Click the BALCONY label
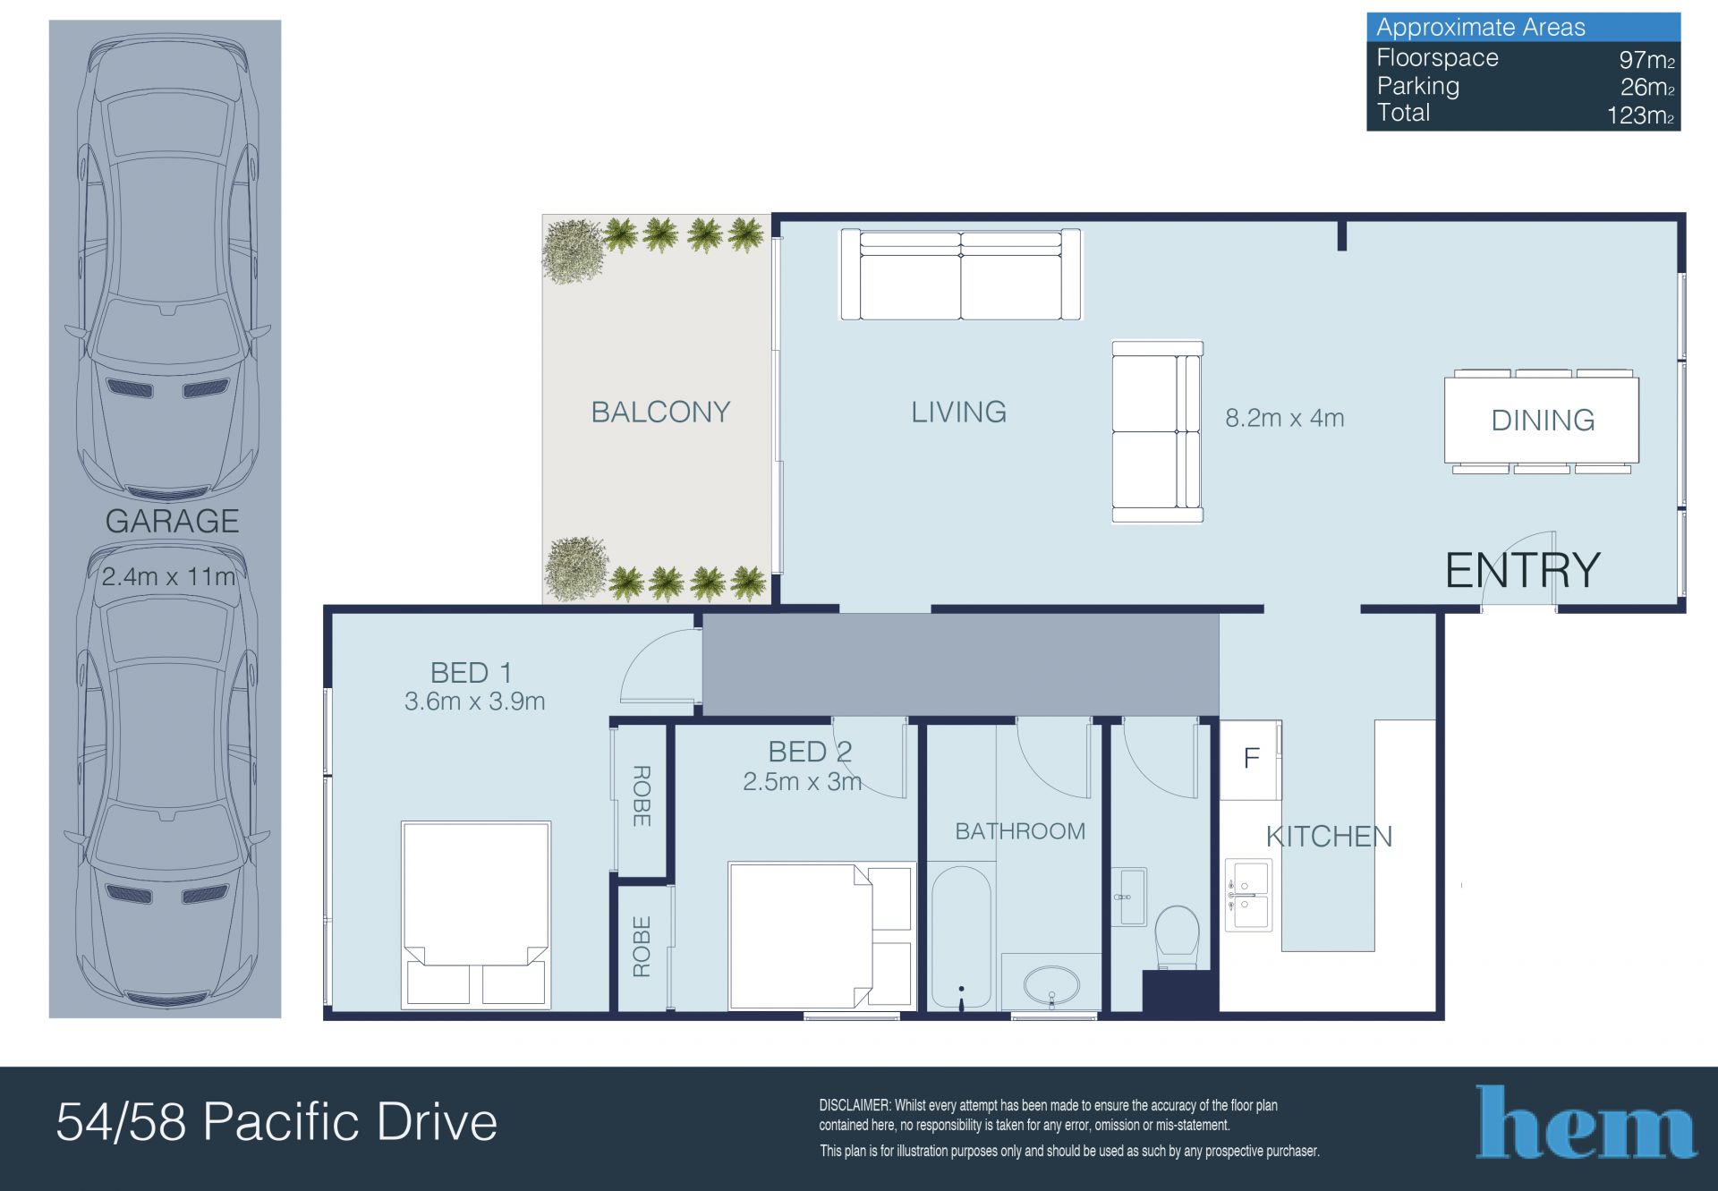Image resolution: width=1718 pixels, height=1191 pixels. [660, 412]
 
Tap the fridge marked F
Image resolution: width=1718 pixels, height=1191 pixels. [1251, 760]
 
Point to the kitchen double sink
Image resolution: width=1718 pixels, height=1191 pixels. [1248, 896]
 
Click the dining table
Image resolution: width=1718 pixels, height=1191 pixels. [1542, 420]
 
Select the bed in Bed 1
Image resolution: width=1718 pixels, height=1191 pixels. [476, 915]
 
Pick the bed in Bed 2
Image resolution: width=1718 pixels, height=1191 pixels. [821, 936]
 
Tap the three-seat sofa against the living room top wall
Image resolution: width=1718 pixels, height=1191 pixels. [960, 275]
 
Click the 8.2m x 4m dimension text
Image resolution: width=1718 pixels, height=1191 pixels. [1284, 418]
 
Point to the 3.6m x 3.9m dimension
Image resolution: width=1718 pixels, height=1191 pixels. [474, 702]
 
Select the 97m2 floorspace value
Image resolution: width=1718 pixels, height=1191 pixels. [1646, 60]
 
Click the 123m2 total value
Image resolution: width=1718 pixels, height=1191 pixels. [1640, 115]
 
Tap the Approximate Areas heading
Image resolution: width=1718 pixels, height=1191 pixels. [1481, 27]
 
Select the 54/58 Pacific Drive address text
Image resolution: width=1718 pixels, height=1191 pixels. [276, 1122]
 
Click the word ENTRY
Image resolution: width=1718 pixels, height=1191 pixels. [1523, 570]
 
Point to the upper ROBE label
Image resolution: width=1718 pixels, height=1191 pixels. [642, 795]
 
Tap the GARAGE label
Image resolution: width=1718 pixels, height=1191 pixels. [172, 521]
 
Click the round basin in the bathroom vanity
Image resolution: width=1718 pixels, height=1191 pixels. [1051, 987]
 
